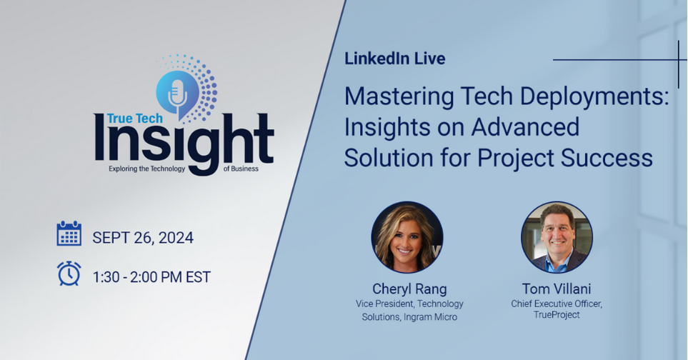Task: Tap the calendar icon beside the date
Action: tap(69, 234)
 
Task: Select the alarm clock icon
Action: tap(69, 273)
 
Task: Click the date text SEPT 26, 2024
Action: tap(143, 237)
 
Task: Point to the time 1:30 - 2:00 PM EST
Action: tap(151, 277)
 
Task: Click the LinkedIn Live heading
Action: tap(394, 59)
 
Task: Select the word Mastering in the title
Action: tap(398, 96)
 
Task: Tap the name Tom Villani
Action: tap(557, 289)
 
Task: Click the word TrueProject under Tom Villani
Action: tap(557, 315)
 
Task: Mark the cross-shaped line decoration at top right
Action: tap(677, 60)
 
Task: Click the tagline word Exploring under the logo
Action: tap(126, 169)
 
